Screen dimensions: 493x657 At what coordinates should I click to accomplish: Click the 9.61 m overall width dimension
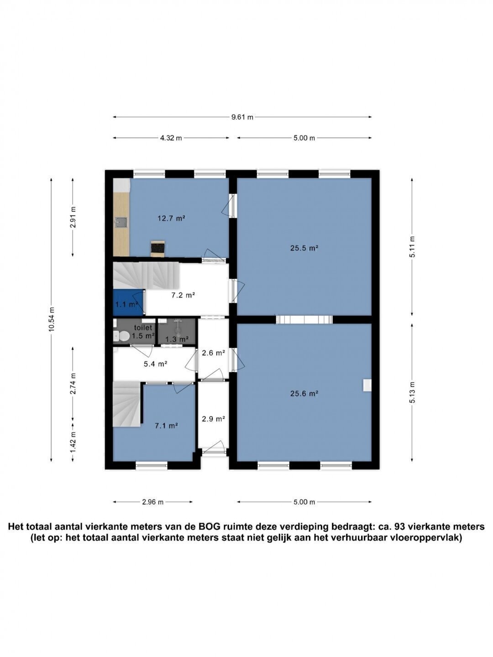[x=242, y=117]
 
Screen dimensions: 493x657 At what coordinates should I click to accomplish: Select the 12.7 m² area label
[x=172, y=218]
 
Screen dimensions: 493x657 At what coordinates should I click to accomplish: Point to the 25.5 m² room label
[x=304, y=248]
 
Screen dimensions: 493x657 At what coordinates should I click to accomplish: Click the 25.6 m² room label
[x=304, y=394]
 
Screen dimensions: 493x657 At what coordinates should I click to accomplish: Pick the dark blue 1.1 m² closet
[x=128, y=302]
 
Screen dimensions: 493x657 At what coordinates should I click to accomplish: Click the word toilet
[x=143, y=328]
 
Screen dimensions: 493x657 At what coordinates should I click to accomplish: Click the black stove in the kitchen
[x=157, y=248]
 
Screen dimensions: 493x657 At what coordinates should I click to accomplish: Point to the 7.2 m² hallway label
[x=183, y=295]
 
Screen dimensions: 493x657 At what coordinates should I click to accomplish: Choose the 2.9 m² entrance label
[x=213, y=419]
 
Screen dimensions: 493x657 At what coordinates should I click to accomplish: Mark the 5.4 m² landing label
[x=155, y=364]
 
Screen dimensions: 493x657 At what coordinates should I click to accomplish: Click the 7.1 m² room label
[x=167, y=425]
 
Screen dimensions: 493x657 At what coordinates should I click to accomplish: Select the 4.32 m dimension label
[x=171, y=138]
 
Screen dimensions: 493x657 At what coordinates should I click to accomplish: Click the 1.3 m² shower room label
[x=177, y=339]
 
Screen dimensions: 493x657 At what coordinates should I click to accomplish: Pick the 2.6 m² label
[x=213, y=353]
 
